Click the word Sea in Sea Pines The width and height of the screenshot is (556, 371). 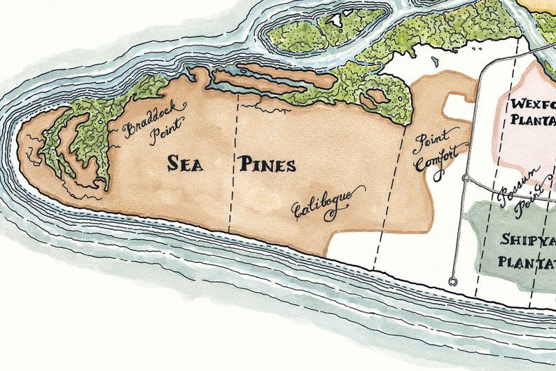pyautogui.click(x=185, y=164)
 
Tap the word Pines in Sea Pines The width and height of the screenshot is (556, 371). pyautogui.click(x=267, y=166)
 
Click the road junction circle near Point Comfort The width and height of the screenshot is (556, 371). pyautogui.click(x=466, y=178)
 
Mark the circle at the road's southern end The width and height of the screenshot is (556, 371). pyautogui.click(x=453, y=282)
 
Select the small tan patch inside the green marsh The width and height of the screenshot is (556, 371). pyautogui.click(x=378, y=95)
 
